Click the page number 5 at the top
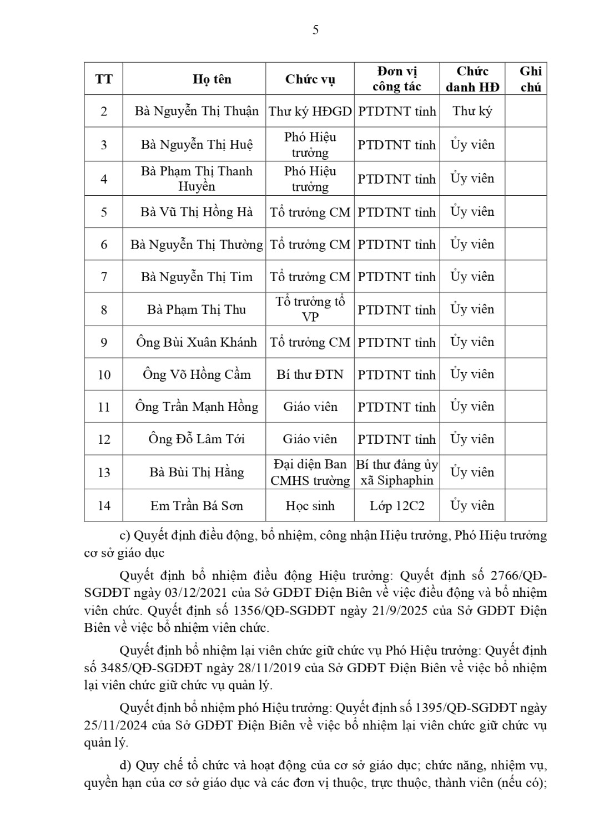pos(315,30)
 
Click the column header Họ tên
pos(212,79)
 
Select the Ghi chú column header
pos(530,79)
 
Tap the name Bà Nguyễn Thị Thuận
pos(197,111)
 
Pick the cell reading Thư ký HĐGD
pos(310,111)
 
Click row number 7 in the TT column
pos(104,277)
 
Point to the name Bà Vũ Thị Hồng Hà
pos(197,212)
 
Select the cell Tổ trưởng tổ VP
pos(310,309)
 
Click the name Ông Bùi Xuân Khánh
pos(197,342)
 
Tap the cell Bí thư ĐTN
pos(310,374)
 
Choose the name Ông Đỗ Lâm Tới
pos(197,439)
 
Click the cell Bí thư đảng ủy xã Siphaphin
pos(397,472)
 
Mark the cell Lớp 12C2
pos(396,505)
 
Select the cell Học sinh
pos(310,505)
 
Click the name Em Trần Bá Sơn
pos(197,505)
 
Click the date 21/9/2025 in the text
pos(401,611)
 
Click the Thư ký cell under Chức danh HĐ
pos(472,111)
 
